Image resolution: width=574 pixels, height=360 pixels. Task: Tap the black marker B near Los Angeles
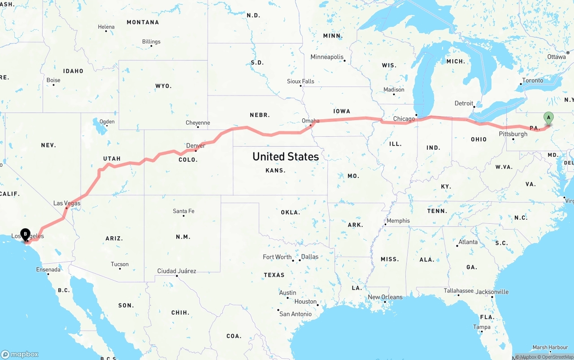coord(26,234)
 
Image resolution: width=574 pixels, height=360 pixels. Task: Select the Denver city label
coord(196,146)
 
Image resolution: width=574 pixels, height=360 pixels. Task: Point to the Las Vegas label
coord(67,203)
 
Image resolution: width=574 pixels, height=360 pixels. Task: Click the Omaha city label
coord(310,121)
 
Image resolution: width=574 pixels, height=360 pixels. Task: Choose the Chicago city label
coord(404,119)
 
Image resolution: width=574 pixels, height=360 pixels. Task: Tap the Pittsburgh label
coord(513,134)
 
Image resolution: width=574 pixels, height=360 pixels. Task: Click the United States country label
coord(286,156)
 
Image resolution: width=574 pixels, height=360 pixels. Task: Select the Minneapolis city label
coord(327,57)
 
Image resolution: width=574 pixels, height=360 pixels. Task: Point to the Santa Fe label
coord(183,211)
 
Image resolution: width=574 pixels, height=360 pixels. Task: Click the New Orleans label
coord(385,297)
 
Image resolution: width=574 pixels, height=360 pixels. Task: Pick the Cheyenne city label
coord(198,122)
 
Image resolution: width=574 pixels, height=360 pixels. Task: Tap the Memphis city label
coord(398,221)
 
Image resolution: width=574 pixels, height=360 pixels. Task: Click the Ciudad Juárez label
coord(176,271)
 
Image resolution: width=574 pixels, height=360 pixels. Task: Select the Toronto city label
coord(532,81)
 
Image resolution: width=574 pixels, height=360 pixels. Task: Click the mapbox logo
coord(20,354)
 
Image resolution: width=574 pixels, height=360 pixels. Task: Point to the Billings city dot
coord(151,47)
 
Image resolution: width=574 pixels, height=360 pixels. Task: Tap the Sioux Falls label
coord(300,81)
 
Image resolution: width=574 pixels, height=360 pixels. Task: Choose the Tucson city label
coord(120,264)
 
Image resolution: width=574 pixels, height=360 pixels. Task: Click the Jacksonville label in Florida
coord(492,292)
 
